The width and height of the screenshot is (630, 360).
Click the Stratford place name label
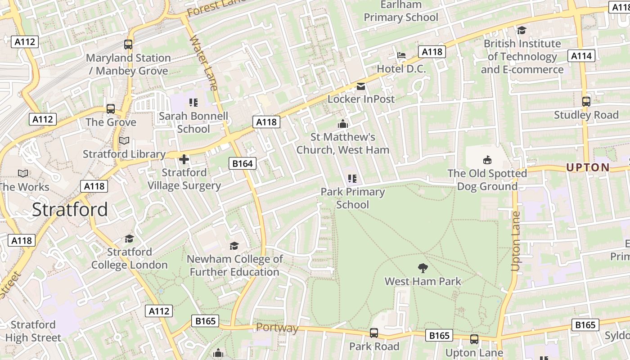(70, 210)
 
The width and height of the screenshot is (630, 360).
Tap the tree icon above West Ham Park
(423, 268)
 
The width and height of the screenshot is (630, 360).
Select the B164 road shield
(242, 163)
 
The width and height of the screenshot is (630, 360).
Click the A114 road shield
(581, 56)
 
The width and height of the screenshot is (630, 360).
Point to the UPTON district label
(588, 167)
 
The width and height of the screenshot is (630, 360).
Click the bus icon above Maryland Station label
(128, 45)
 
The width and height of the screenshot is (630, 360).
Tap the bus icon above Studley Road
(586, 101)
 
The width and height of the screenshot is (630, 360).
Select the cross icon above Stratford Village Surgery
(184, 159)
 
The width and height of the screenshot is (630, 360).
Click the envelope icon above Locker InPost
(361, 86)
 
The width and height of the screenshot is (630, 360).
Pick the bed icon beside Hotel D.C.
(401, 55)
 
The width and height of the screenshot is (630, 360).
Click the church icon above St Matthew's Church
(343, 124)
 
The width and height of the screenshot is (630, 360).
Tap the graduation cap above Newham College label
(234, 246)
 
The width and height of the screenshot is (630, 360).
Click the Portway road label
(277, 328)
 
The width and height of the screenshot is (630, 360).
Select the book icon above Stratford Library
(124, 141)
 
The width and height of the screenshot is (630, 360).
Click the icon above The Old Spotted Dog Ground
(487, 160)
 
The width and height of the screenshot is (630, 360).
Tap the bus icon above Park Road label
(374, 333)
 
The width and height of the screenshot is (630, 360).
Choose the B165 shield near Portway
(205, 321)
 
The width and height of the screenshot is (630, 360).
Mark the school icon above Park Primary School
(352, 179)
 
